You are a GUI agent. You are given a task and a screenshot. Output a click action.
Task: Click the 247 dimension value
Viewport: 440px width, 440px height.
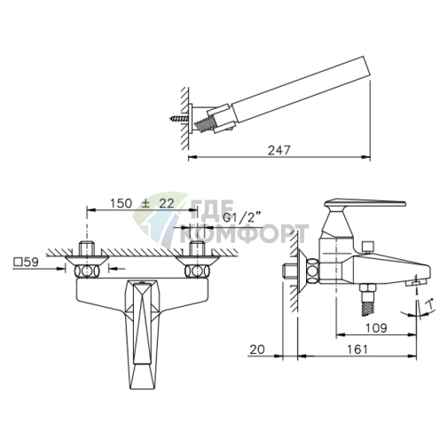(279, 150)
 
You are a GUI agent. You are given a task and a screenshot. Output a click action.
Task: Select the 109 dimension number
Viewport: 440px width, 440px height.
(376, 328)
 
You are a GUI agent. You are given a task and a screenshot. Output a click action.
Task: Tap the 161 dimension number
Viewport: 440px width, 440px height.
(357, 350)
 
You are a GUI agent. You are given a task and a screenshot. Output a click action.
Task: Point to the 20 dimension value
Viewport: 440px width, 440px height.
(257, 350)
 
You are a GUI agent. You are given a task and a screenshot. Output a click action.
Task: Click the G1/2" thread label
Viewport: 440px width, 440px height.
(241, 218)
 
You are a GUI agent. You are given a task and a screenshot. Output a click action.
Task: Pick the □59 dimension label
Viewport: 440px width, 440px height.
(26, 262)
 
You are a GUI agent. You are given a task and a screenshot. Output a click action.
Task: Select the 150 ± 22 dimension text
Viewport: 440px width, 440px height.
(142, 203)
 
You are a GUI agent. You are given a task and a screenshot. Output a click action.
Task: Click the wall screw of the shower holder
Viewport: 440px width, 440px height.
(179, 120)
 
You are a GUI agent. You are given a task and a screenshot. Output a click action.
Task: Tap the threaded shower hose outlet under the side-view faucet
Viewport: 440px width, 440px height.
(367, 299)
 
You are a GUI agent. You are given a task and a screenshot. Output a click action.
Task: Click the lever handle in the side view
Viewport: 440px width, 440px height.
(365, 203)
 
